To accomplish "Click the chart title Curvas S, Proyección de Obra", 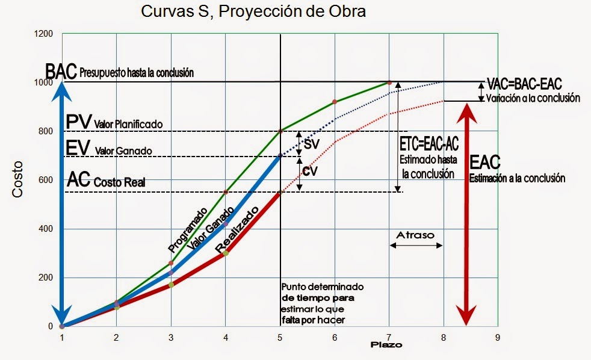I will tap(253, 11).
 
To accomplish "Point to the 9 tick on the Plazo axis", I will tap(498, 337).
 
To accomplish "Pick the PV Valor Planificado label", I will tap(114, 122).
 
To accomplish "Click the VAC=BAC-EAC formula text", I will tap(524, 84).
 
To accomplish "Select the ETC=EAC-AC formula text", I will tap(428, 144).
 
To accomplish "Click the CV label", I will tap(309, 171).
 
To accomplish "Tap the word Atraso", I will tap(416, 235).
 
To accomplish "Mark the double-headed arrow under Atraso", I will tap(416, 245).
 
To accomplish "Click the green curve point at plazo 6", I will tap(335, 102).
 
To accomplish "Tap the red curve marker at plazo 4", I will tap(226, 253).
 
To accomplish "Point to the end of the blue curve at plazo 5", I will tap(280, 155).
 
